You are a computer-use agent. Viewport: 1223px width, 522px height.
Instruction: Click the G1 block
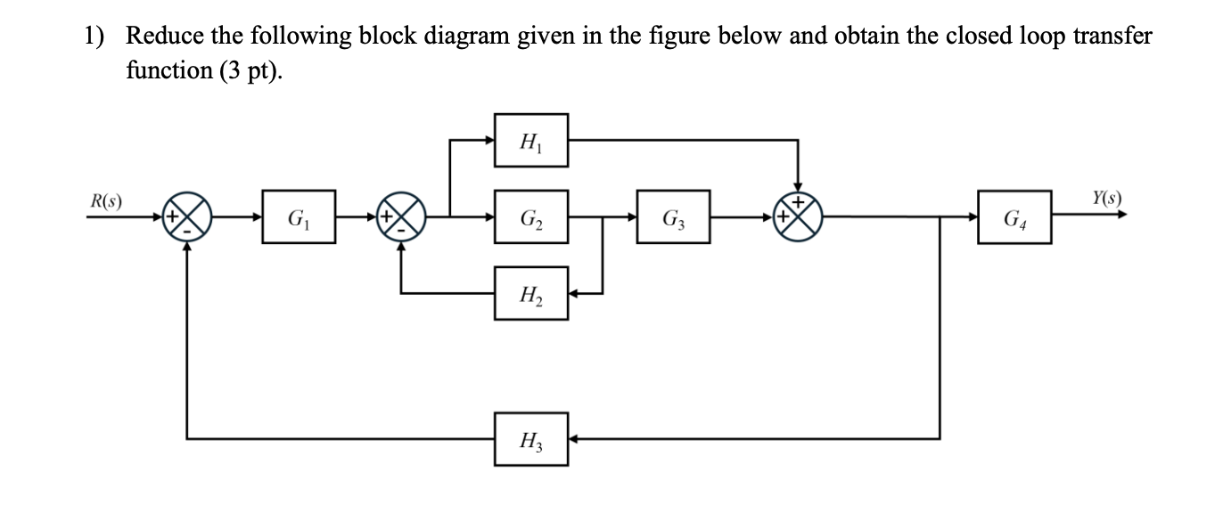pos(298,216)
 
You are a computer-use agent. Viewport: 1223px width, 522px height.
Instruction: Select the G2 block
pos(532,216)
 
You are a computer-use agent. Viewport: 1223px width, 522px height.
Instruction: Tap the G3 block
pos(673,216)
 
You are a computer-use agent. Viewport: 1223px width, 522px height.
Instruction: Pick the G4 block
pos(1014,216)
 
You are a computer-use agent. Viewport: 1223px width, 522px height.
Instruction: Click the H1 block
pos(532,140)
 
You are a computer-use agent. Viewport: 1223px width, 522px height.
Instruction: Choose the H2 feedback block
pos(532,293)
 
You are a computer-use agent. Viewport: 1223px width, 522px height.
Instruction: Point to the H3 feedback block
pos(532,438)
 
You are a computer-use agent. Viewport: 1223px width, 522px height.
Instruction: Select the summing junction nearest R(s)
pos(187,216)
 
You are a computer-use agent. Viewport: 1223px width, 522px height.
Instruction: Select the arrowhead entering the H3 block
pos(575,438)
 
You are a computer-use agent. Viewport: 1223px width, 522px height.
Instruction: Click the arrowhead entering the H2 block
pos(575,293)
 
